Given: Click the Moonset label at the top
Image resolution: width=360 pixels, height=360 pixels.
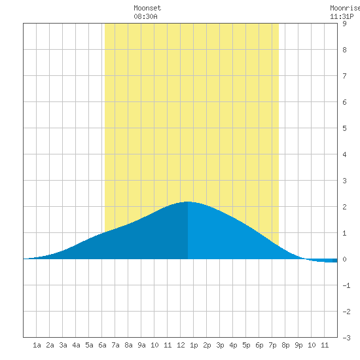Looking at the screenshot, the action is coord(147,8).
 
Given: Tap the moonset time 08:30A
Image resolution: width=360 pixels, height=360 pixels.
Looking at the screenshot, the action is coord(145,16).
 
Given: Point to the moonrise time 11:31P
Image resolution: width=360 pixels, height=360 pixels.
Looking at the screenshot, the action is coord(342,16).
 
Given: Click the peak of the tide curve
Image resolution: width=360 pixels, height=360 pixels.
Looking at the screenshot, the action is coord(188,202).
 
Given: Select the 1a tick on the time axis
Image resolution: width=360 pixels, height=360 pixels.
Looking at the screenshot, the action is coord(37,345).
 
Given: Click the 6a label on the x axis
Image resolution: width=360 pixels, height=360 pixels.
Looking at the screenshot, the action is coord(102,345).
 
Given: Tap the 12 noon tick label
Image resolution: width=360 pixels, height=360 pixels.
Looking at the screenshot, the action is coord(181,345).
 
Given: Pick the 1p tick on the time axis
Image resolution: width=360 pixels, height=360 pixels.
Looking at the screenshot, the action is coord(194,345).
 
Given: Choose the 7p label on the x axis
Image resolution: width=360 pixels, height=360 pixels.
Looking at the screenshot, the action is coord(272,345).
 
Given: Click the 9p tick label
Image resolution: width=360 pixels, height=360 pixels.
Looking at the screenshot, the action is coord(298,345).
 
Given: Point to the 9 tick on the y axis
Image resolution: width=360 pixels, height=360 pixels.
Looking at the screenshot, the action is coord(344,24).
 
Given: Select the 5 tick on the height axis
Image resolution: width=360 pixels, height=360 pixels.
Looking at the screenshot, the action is coord(344,128).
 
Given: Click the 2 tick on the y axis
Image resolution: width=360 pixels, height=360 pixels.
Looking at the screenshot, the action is coord(344,207).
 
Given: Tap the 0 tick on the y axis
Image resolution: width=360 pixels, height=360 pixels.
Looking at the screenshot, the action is coord(344,259).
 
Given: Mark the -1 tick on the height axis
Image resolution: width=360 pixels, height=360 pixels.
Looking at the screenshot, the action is coord(346,285).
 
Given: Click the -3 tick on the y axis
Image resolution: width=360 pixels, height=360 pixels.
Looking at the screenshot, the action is coord(346,338).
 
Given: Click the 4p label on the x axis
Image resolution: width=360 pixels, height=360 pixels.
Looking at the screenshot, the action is coord(233,345).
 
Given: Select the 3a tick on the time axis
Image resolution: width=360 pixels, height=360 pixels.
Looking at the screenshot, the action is coord(63,345).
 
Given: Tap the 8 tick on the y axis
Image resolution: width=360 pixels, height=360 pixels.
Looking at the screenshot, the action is coord(344,50).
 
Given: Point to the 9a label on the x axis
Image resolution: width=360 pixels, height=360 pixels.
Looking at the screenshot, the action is coord(141,345).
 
